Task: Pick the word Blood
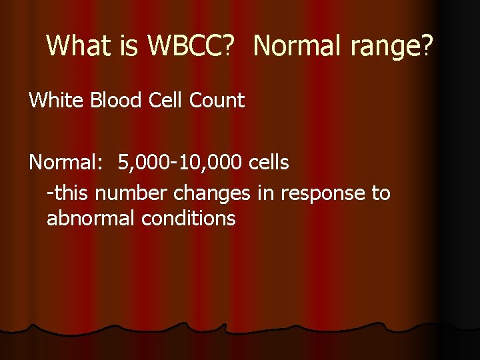click(102, 101)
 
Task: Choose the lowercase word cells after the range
click(267, 162)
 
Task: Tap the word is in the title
click(127, 46)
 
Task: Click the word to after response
click(381, 193)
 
